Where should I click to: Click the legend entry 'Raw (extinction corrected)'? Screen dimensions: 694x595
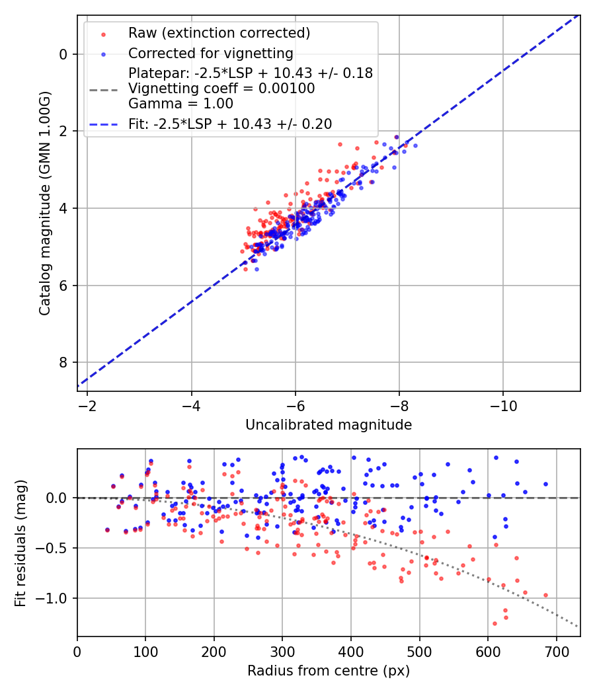click(x=219, y=33)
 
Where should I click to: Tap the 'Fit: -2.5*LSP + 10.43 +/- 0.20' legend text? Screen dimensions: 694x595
click(x=230, y=124)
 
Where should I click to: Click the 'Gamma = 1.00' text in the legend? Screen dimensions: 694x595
click(x=180, y=103)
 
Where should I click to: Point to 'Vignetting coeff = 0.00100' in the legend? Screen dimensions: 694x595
click(x=221, y=88)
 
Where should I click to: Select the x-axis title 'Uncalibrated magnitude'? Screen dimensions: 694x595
click(x=329, y=425)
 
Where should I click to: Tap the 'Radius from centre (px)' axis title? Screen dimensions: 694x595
click(x=329, y=671)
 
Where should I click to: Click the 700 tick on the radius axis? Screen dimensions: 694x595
click(x=556, y=650)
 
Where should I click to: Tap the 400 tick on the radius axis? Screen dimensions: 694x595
click(x=351, y=650)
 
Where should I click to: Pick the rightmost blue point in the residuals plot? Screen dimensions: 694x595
click(x=545, y=484)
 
